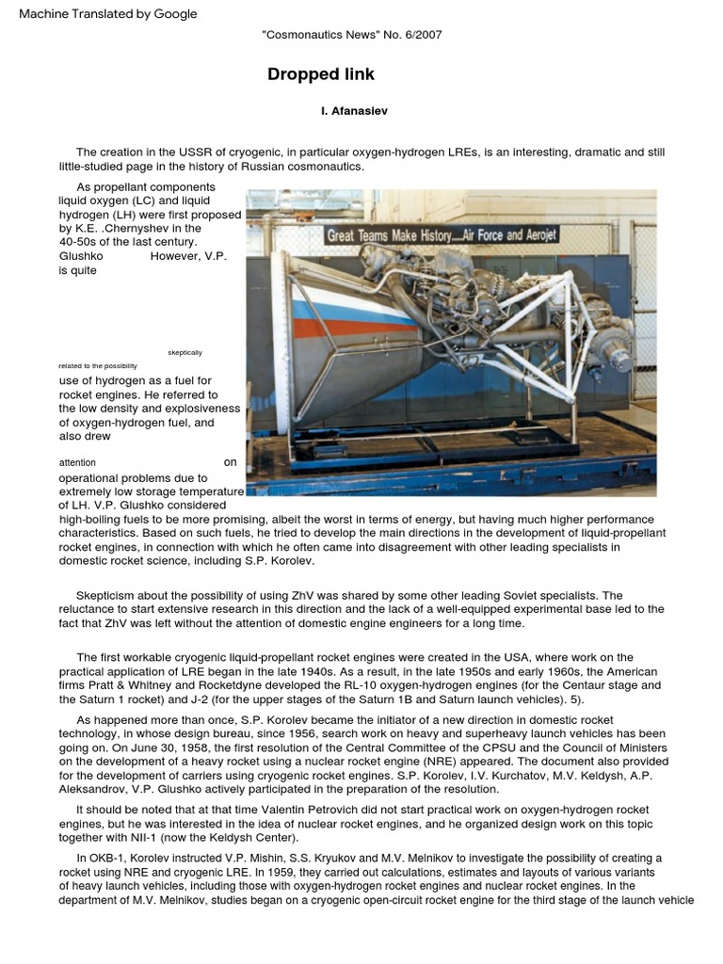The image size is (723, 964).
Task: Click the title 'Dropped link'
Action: click(x=320, y=74)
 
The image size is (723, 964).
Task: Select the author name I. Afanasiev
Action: click(x=354, y=111)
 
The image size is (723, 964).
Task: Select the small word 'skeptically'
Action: click(x=185, y=352)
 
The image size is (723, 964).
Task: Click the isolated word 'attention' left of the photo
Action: click(x=77, y=463)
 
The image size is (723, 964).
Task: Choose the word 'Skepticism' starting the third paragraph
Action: click(x=107, y=596)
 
